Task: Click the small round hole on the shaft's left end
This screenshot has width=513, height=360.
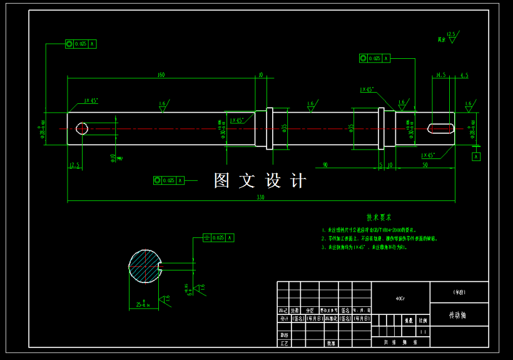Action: [x=82, y=128]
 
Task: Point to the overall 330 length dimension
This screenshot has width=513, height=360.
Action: [x=260, y=198]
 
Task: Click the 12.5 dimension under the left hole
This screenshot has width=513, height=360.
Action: [x=74, y=165]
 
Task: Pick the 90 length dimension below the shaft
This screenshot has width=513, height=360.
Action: [x=325, y=165]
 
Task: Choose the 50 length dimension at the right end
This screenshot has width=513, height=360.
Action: [x=425, y=165]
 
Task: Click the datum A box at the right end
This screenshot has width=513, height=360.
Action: [x=476, y=157]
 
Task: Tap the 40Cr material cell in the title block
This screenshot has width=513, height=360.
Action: [x=400, y=298]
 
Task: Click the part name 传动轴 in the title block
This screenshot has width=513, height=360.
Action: [x=458, y=316]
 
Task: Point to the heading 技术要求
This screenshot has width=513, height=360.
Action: [x=378, y=217]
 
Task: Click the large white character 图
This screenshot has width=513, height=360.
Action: [x=223, y=181]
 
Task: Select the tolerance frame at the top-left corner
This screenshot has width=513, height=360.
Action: [x=81, y=44]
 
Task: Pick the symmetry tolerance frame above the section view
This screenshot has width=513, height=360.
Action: [x=219, y=238]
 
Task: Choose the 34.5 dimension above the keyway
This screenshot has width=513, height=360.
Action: [x=440, y=75]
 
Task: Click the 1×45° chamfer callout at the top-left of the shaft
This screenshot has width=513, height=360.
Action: [x=91, y=100]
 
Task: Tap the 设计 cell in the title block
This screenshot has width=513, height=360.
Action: [x=283, y=318]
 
